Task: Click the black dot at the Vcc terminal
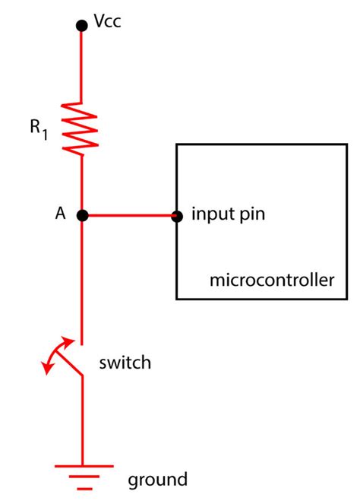82,26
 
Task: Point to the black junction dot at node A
82,216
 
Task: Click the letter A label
60,215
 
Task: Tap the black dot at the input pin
176,216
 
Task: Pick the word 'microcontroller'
271,281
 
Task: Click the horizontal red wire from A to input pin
129,216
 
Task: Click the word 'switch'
125,363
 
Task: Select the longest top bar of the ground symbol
82,464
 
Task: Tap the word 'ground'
156,480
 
